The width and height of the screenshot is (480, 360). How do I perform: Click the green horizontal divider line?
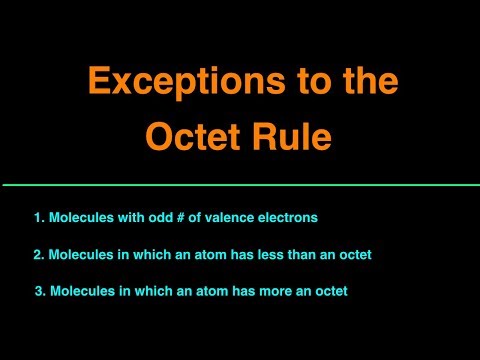(x=240, y=185)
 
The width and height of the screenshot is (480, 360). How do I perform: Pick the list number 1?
(x=37, y=217)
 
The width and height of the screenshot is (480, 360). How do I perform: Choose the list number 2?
(x=37, y=255)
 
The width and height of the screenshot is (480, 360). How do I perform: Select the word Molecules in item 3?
(x=81, y=291)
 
